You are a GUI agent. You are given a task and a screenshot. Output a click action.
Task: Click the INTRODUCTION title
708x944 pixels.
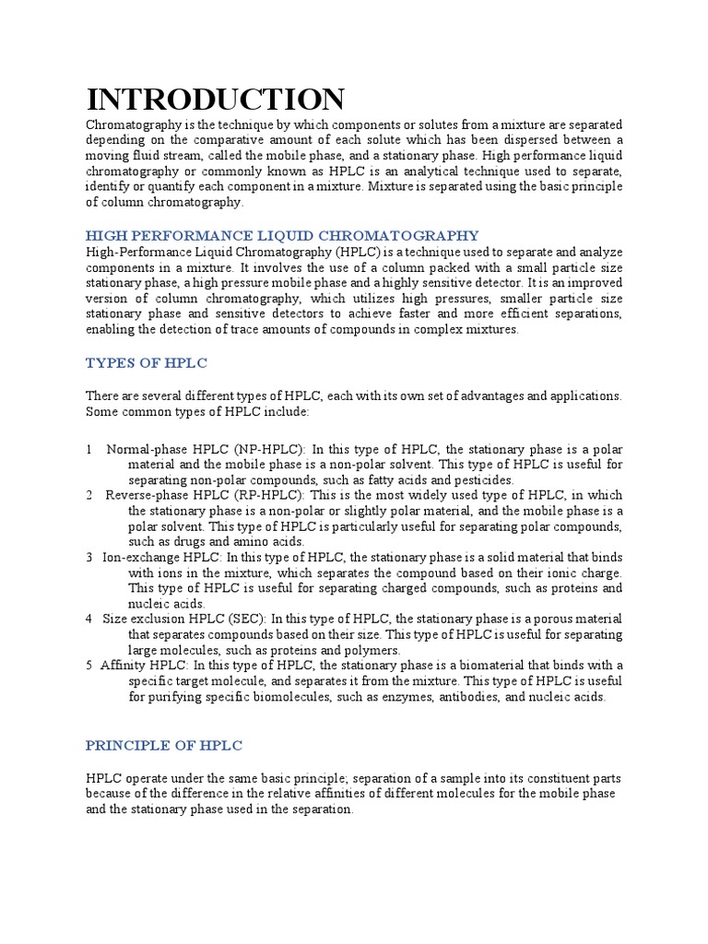216,99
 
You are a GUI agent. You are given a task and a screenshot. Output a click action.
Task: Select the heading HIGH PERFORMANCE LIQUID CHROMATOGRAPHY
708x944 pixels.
282,236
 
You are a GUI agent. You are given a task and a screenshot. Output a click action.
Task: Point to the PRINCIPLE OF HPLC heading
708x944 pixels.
164,745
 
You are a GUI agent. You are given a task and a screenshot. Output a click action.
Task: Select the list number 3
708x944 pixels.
88,558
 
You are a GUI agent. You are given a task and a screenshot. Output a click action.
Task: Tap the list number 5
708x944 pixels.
88,666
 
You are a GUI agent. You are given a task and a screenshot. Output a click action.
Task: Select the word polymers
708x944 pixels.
371,650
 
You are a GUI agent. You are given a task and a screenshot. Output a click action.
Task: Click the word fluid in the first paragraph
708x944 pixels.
146,156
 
